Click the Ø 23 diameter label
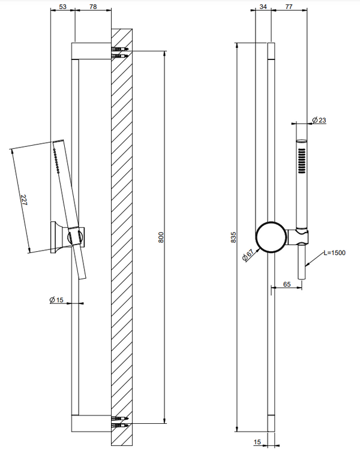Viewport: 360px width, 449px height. point(319,120)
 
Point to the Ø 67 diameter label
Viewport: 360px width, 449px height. point(248,254)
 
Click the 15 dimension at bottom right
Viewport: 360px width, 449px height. point(257,442)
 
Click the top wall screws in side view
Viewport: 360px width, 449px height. point(119,52)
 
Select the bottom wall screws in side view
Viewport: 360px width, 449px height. point(119,422)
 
